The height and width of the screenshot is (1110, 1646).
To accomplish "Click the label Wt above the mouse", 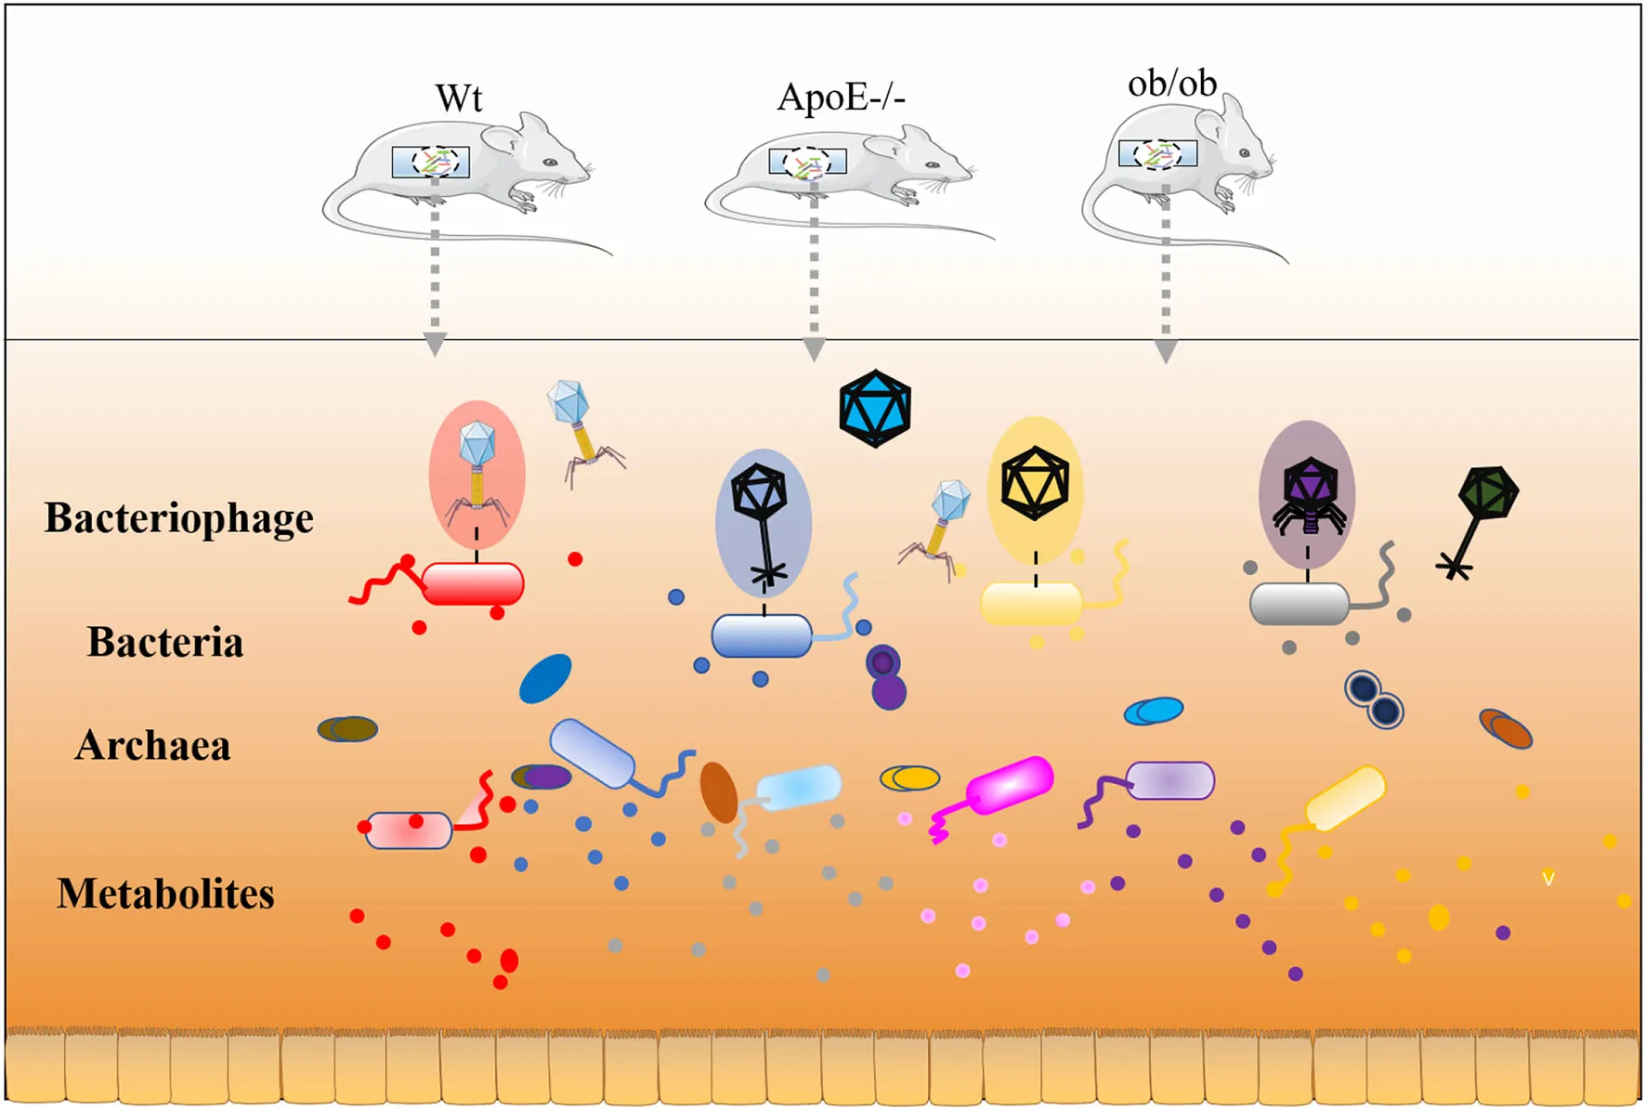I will pyautogui.click(x=459, y=98).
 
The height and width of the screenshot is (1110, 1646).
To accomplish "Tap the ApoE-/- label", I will pyautogui.click(x=841, y=97).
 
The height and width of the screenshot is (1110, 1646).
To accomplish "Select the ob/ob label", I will pyautogui.click(x=1171, y=84).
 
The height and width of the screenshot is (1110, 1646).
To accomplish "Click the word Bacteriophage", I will pyautogui.click(x=179, y=518).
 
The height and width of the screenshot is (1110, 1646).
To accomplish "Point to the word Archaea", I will pyautogui.click(x=153, y=745).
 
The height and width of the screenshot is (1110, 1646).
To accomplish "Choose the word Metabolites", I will pyautogui.click(x=165, y=894).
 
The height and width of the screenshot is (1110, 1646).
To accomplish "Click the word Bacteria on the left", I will pyautogui.click(x=165, y=642).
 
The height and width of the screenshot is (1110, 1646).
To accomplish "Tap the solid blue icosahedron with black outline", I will pyautogui.click(x=874, y=409).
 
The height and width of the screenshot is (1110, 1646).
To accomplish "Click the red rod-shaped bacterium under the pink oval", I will pyautogui.click(x=473, y=584).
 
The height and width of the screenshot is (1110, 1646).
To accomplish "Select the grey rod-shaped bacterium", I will pyautogui.click(x=1299, y=605).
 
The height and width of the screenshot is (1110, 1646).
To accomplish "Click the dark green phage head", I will pyautogui.click(x=1488, y=492).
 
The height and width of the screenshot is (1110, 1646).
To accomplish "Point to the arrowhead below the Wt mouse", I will pyautogui.click(x=435, y=345).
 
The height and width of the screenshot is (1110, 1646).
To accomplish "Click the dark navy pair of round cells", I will pyautogui.click(x=1374, y=699).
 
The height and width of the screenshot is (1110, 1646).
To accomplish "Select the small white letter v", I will pyautogui.click(x=1548, y=878).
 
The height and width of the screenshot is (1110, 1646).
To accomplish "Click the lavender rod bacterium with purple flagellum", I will pyautogui.click(x=1169, y=781).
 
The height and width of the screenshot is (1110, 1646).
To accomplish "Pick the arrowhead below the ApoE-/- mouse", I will pyautogui.click(x=814, y=349).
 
